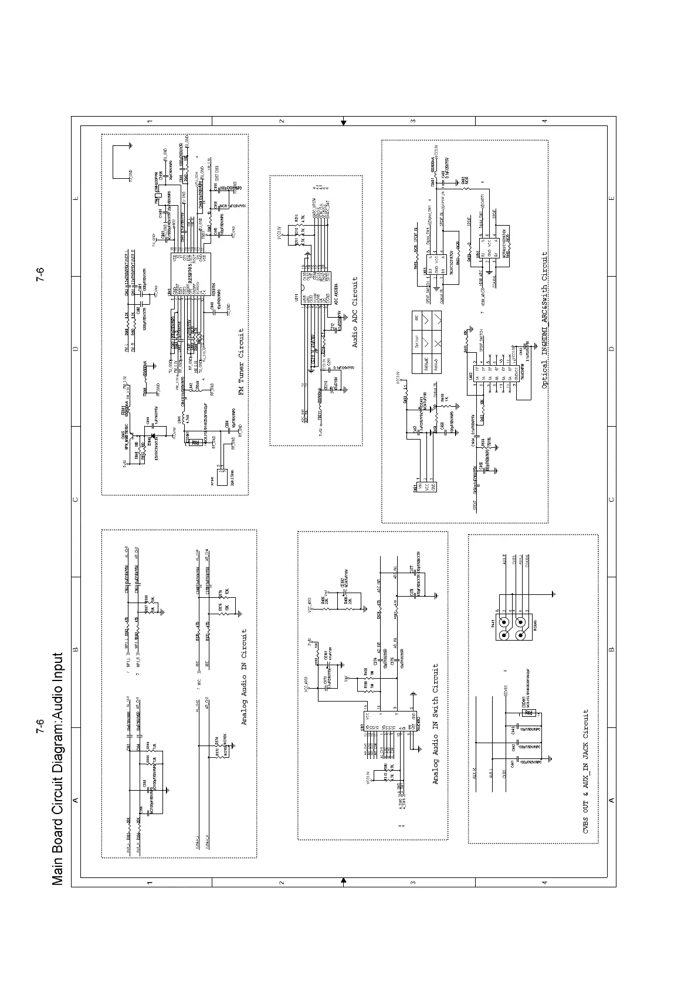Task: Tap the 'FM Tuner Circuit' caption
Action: (x=241, y=360)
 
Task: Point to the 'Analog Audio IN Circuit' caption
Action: (x=245, y=678)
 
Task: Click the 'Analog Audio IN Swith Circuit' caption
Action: (x=435, y=724)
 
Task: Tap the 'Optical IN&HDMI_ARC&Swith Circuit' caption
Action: (x=544, y=320)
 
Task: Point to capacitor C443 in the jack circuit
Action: (x=514, y=731)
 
